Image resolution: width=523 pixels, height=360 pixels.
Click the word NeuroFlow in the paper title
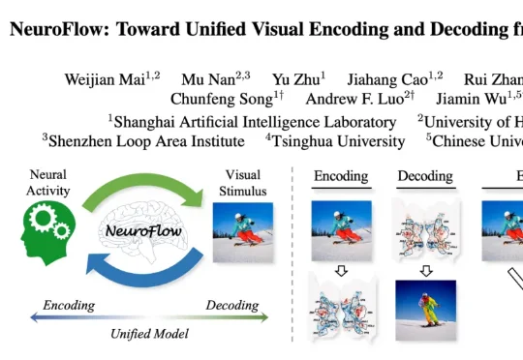pyautogui.click(x=57, y=29)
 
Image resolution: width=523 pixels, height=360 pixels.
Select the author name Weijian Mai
pyautogui.click(x=105, y=79)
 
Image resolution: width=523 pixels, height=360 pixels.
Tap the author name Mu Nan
pyautogui.click(x=208, y=79)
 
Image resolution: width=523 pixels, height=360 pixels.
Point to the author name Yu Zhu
pyautogui.click(x=295, y=79)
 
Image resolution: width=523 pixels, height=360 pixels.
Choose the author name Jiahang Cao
pyautogui.click(x=387, y=79)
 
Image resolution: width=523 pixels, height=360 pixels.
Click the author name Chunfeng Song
pyautogui.click(x=222, y=99)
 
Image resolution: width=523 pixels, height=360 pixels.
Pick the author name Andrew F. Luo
pyautogui.click(x=354, y=99)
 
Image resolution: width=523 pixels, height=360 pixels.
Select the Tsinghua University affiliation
pyautogui.click(x=339, y=141)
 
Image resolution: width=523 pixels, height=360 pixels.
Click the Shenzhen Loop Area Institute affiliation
pyautogui.click(x=147, y=141)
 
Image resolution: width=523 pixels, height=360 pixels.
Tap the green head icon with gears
pyautogui.click(x=48, y=233)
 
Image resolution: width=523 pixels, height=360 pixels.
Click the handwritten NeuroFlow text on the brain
pyautogui.click(x=143, y=230)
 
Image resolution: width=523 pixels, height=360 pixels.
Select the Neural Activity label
pyautogui.click(x=48, y=183)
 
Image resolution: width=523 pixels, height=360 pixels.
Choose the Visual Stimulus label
pyautogui.click(x=242, y=183)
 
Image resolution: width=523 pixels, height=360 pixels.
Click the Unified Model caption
pyautogui.click(x=149, y=334)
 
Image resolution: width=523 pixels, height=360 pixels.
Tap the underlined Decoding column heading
pyautogui.click(x=425, y=176)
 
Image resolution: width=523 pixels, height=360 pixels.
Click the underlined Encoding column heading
pyautogui.click(x=341, y=176)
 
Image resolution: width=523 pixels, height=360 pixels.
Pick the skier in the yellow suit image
pyautogui.click(x=425, y=311)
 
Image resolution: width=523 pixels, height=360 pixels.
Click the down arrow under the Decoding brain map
pyautogui.click(x=426, y=271)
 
